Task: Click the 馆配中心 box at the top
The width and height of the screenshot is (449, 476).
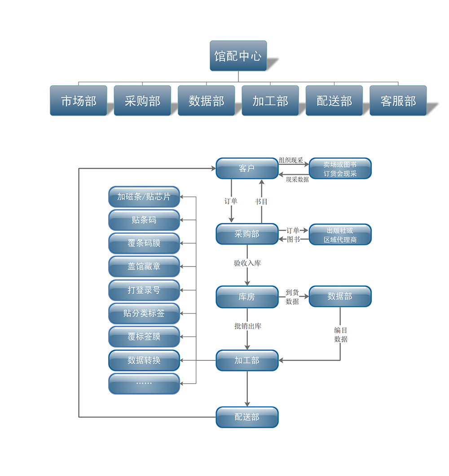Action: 238,56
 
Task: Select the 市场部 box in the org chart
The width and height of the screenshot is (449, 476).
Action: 79,100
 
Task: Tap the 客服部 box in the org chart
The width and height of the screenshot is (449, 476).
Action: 398,100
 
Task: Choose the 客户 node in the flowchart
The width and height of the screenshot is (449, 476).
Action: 247,168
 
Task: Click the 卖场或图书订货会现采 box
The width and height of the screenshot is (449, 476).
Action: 340,169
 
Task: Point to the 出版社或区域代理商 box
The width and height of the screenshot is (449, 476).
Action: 340,235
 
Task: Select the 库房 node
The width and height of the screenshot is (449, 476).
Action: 247,297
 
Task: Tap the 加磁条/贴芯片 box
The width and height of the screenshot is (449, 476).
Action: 144,197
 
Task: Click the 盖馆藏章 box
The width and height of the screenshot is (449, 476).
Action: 144,266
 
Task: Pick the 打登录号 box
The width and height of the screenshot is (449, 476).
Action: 144,290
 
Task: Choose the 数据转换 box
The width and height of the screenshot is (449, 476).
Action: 144,360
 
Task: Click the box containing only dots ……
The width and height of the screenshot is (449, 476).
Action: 144,384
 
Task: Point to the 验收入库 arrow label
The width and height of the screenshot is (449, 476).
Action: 247,263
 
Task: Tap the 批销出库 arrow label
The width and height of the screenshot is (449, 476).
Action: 247,326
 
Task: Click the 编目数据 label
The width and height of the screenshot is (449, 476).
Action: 341,335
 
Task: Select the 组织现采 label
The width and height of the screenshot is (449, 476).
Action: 291,160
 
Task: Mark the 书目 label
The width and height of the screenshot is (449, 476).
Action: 261,201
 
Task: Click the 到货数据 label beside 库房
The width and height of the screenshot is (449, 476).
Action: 292,297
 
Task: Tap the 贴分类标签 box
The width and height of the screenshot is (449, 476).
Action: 144,314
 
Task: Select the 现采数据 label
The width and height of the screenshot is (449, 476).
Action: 297,179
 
